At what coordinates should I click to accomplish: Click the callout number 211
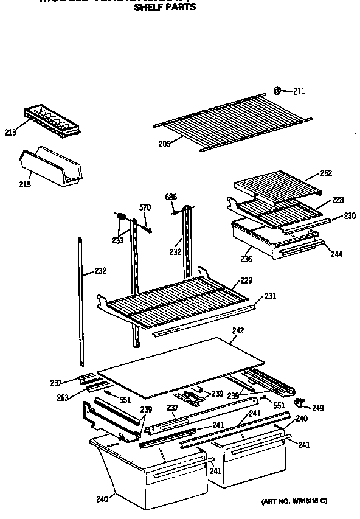point(299,92)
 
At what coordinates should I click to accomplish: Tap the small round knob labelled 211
point(277,91)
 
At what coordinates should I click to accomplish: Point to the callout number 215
point(24,184)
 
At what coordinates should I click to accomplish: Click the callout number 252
point(326,173)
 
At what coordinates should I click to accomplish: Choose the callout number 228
point(337,200)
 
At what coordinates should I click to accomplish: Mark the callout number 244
point(336,253)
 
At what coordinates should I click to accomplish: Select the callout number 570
point(145,208)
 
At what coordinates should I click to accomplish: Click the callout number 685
point(171,197)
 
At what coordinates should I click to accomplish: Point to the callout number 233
point(117,240)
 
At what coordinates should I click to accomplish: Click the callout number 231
point(270,296)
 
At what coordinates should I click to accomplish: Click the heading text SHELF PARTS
point(165,7)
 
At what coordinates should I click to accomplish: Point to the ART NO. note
point(294,501)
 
